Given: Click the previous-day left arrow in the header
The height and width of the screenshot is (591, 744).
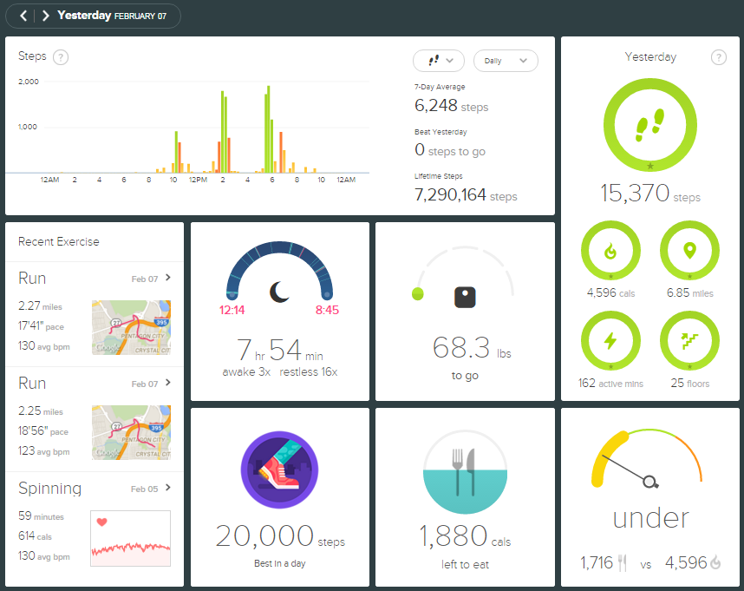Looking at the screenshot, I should click(x=23, y=16).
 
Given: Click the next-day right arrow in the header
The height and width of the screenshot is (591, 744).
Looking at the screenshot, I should click(x=45, y=16).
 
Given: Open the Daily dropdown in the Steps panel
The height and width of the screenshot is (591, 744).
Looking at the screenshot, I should click(x=506, y=61).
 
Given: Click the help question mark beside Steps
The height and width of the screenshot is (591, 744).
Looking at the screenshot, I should click(x=61, y=57).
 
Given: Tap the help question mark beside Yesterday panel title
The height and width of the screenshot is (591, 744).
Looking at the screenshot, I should click(x=718, y=57).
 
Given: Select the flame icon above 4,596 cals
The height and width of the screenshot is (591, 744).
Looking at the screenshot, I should click(x=610, y=252).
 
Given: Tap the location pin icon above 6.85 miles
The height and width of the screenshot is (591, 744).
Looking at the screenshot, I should click(x=689, y=252).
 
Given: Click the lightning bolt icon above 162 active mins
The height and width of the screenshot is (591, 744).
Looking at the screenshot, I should click(x=610, y=341).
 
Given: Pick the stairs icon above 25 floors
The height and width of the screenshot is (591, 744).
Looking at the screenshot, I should click(x=689, y=341).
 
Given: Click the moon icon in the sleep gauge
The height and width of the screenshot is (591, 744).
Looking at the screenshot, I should click(x=279, y=292).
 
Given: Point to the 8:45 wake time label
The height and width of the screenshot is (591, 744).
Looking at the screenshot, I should click(x=327, y=309).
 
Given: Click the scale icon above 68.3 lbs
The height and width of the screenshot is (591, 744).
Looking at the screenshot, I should click(x=466, y=297).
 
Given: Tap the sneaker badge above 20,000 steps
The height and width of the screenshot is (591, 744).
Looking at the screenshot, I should click(x=279, y=472).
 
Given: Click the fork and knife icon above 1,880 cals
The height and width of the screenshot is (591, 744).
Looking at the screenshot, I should click(x=466, y=472).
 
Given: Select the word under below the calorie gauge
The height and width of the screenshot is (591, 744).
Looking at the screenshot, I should click(x=650, y=518).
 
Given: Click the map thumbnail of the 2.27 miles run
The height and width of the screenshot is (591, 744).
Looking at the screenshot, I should click(x=131, y=327).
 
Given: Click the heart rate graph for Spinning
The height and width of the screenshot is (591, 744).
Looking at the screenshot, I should click(x=131, y=538).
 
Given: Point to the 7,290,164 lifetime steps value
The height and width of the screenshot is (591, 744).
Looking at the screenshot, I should click(x=450, y=195).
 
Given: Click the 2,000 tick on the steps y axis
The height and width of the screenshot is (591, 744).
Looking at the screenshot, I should click(x=29, y=82).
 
